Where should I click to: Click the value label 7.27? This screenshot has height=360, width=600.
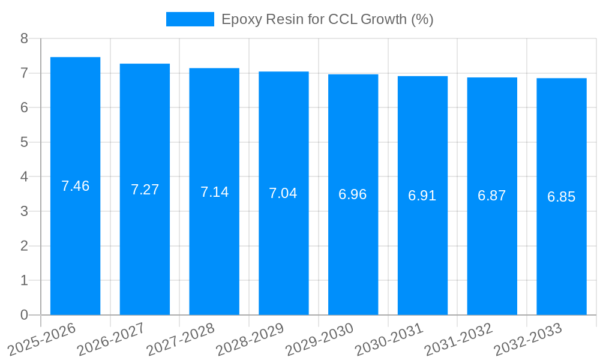click(x=145, y=190)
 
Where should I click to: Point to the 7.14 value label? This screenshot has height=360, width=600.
click(x=214, y=192)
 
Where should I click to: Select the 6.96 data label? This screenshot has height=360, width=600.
click(x=352, y=194)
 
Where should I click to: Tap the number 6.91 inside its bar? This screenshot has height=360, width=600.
click(x=422, y=195)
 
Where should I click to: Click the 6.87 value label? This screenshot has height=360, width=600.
click(x=491, y=196)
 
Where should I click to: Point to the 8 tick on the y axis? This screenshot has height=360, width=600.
click(x=24, y=38)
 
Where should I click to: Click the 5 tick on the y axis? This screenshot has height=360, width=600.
click(x=24, y=142)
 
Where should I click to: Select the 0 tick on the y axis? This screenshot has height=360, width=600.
click(x=24, y=315)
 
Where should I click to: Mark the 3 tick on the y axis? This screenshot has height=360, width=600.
click(x=24, y=211)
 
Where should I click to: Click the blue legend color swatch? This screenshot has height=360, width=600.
click(x=190, y=19)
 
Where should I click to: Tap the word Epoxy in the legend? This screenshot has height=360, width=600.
click(x=238, y=20)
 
